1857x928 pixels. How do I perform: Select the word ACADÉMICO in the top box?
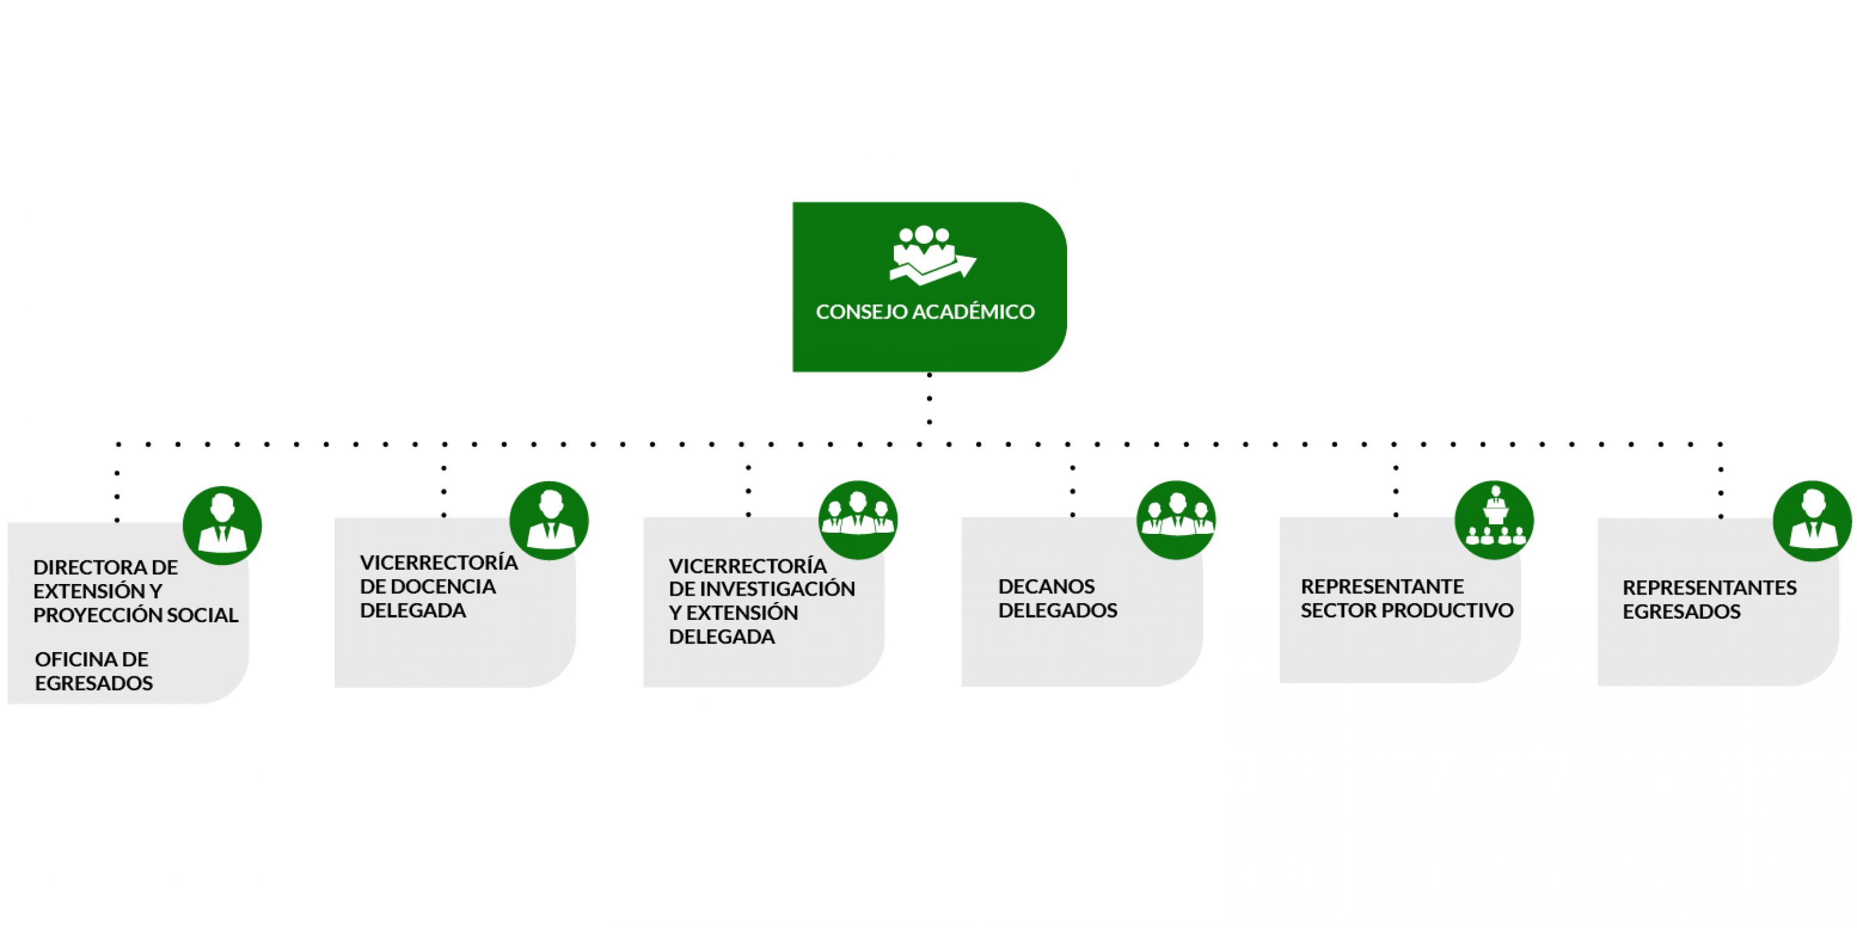[973, 312]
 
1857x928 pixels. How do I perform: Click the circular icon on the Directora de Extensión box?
[222, 525]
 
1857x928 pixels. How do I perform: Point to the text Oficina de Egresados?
[93, 671]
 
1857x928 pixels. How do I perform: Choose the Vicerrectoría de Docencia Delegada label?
[438, 586]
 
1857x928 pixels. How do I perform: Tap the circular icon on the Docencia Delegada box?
[549, 521]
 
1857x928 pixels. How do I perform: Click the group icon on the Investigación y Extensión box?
[858, 520]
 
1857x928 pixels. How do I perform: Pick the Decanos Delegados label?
[1057, 598]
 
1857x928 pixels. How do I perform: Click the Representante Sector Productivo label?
[1406, 598]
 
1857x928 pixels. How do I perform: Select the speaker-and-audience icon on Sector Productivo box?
[1494, 520]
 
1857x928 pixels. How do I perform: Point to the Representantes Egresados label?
[1709, 599]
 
